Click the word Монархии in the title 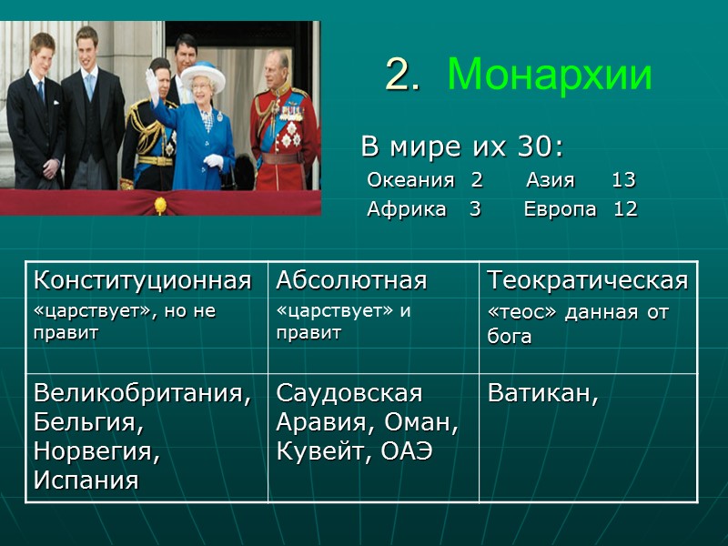550,75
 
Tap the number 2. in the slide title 401,75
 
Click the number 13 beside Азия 623,180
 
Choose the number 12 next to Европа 625,209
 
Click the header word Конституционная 142,280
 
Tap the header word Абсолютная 351,280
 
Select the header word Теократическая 588,280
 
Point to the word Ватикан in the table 542,393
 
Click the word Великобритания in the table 142,393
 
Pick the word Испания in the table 86,480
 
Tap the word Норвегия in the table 96,451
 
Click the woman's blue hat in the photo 202,73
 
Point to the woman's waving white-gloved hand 152,81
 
